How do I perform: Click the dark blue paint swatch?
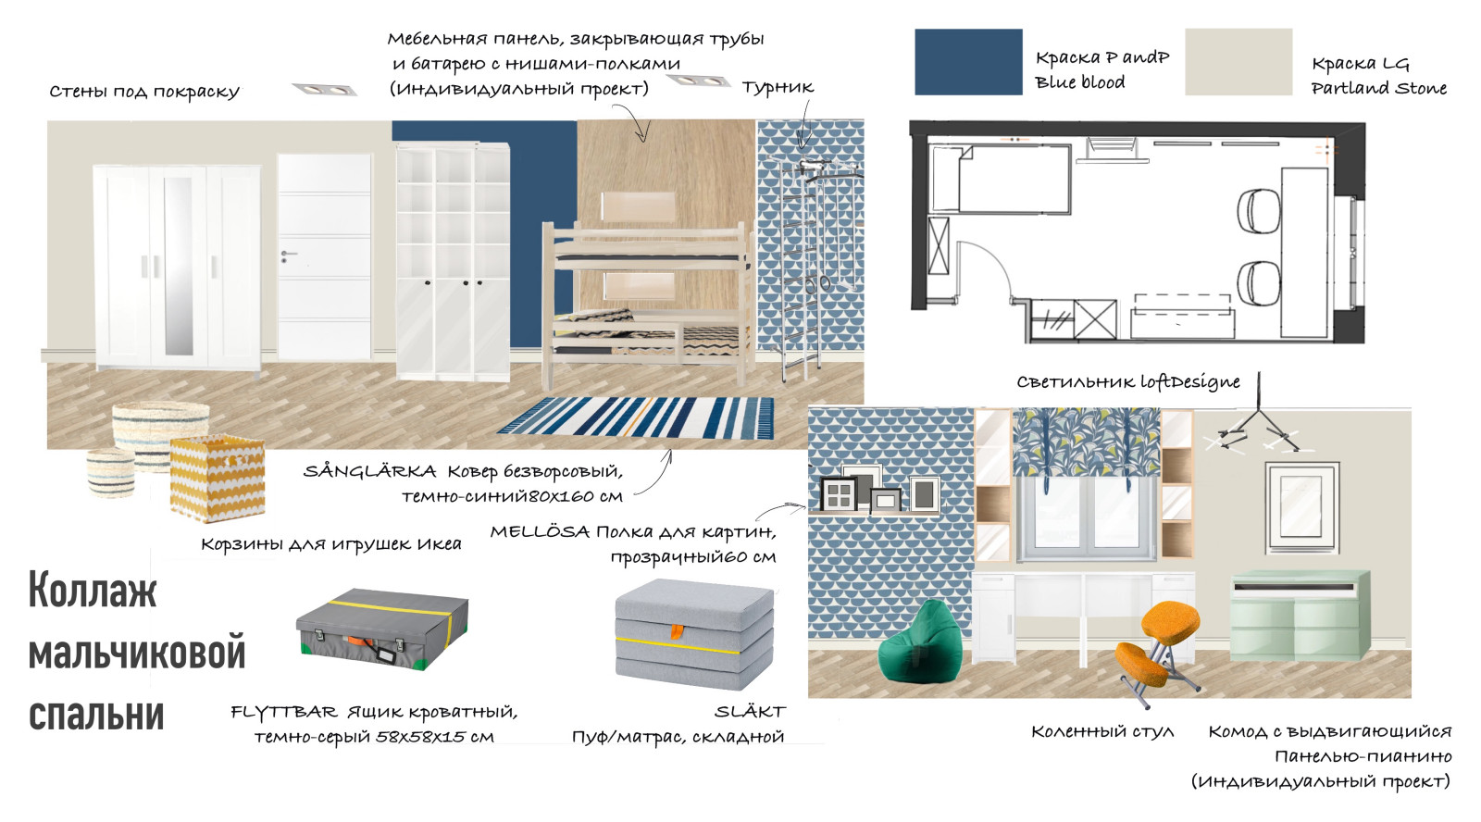[x=968, y=62]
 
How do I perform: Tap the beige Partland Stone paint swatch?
[x=1238, y=62]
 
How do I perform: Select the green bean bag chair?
[x=920, y=643]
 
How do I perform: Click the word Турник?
[x=778, y=88]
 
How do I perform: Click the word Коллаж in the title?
[x=93, y=591]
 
